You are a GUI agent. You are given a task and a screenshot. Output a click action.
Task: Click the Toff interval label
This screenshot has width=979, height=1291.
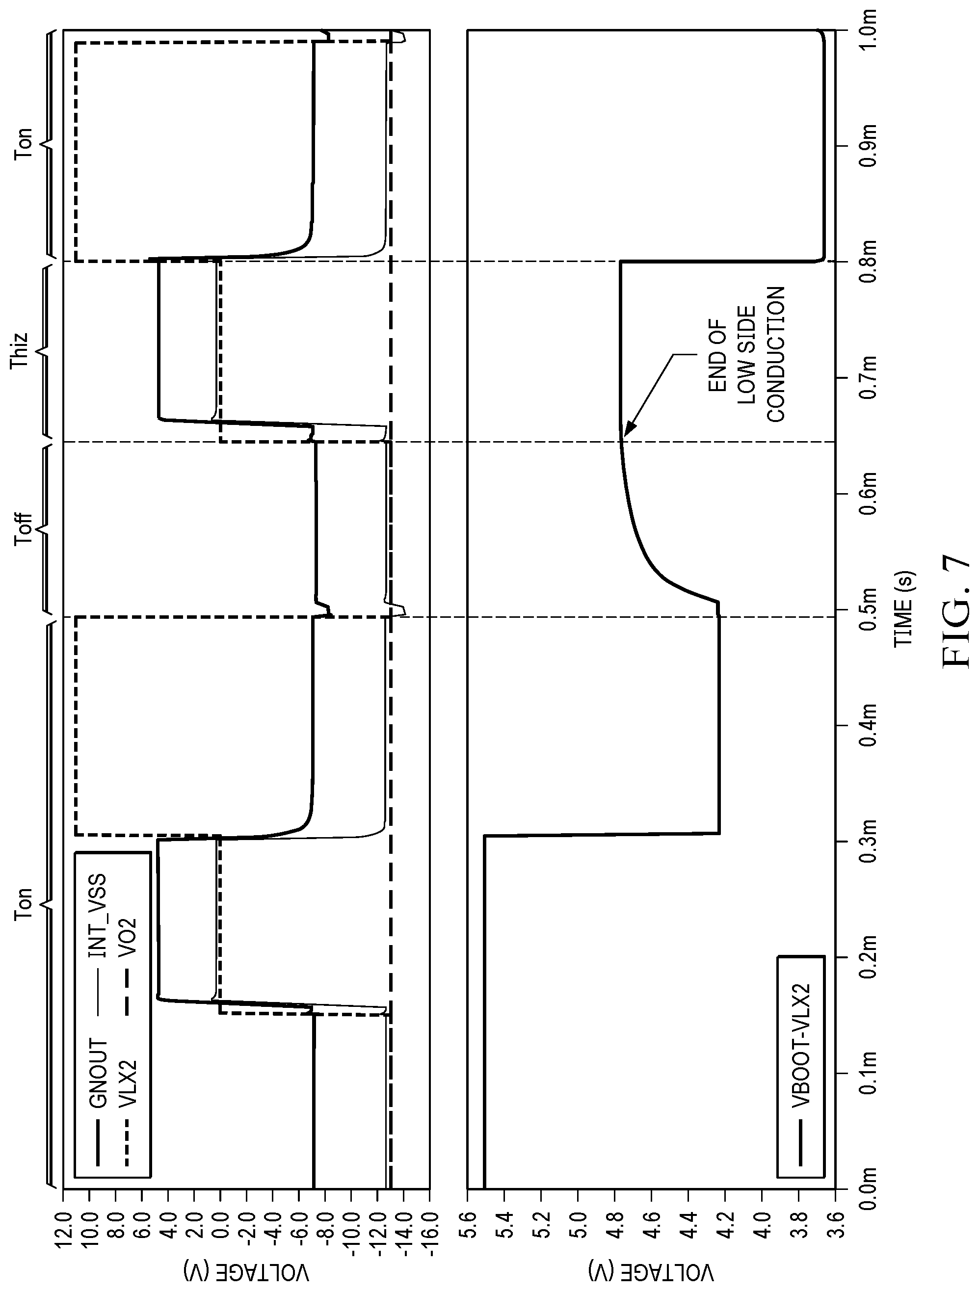pyautogui.click(x=24, y=528)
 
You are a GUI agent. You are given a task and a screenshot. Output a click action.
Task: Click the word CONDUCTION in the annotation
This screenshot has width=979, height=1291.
pyautogui.click(x=776, y=354)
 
